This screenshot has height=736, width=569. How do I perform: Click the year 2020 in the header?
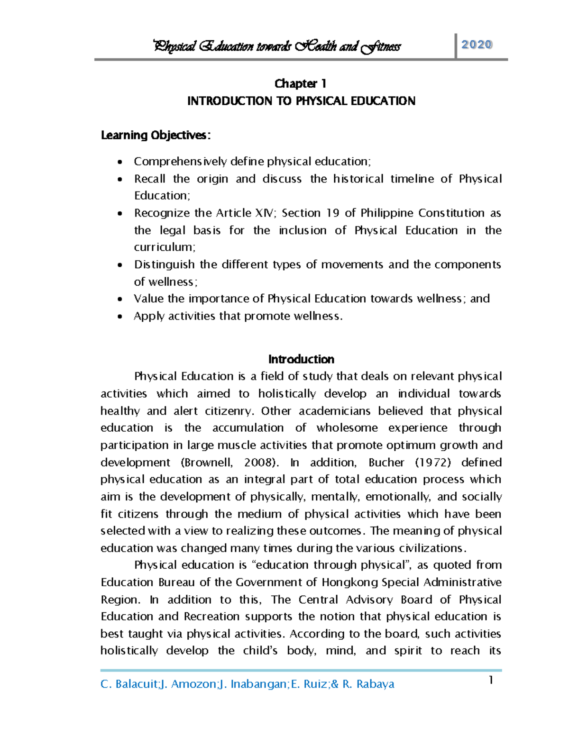477,45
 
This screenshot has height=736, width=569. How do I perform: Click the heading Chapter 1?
301,84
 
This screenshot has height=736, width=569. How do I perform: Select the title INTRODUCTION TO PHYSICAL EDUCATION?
301,101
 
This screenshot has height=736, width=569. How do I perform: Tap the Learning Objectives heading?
156,136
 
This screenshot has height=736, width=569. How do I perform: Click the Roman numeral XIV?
265,213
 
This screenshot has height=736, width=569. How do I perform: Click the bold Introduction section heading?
301,359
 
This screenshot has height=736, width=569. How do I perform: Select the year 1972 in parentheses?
433,463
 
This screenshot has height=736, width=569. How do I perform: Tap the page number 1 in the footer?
491,681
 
